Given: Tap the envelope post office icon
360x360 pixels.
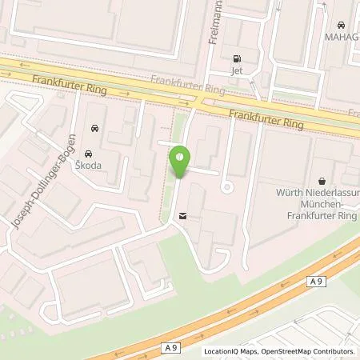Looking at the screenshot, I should click(185, 215).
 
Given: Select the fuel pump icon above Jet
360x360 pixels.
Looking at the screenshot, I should click(236, 58).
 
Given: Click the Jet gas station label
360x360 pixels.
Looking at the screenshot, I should click(236, 70).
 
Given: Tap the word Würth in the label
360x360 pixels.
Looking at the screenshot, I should click(289, 193).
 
